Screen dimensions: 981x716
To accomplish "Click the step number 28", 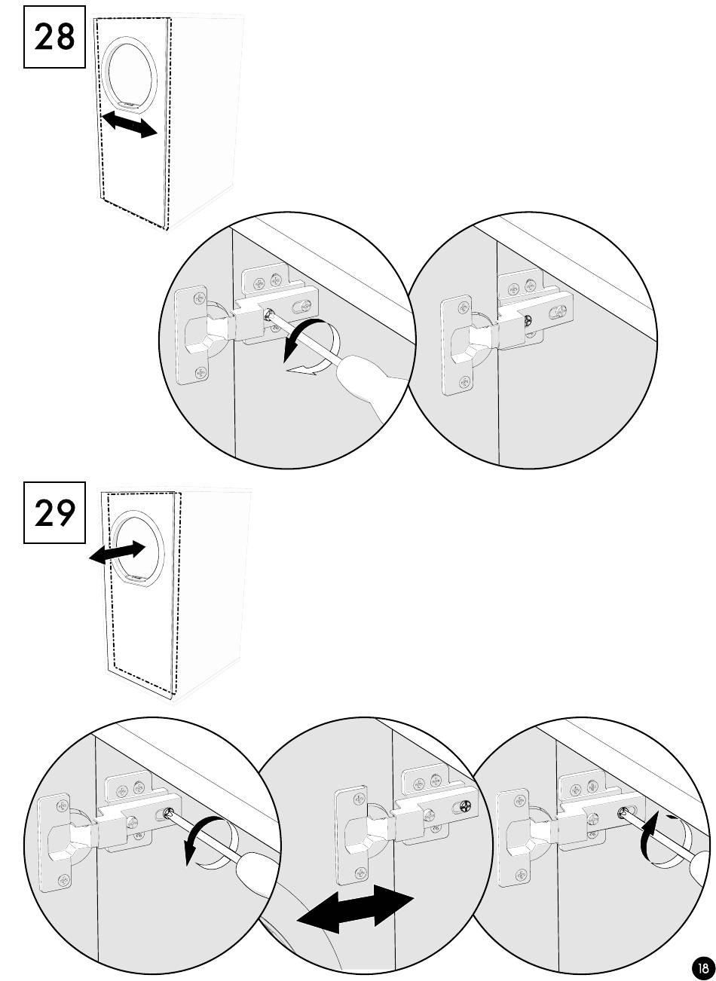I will pyautogui.click(x=54, y=36).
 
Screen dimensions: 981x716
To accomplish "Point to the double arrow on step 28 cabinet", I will pyautogui.click(x=130, y=124).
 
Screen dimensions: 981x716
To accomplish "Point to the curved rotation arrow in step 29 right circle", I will pyautogui.click(x=650, y=835).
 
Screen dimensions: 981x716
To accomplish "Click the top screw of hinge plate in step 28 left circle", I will pyautogui.click(x=200, y=298).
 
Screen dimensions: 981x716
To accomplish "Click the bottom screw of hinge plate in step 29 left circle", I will pyautogui.click(x=63, y=879).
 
